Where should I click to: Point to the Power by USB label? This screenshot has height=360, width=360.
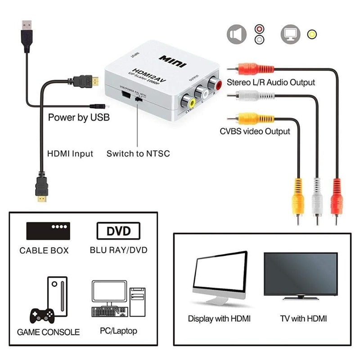pos(79,118)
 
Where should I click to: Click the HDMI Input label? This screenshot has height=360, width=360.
pos(70,153)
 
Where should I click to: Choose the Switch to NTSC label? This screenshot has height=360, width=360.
pos(138,153)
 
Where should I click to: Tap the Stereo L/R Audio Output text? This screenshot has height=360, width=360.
pos(270,82)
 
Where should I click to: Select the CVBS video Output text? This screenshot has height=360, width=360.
pos(255,131)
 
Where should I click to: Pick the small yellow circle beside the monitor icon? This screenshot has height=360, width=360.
pos(310,34)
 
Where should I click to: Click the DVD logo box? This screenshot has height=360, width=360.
pos(118,231)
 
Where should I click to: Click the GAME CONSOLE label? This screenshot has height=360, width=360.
pos(48,332)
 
